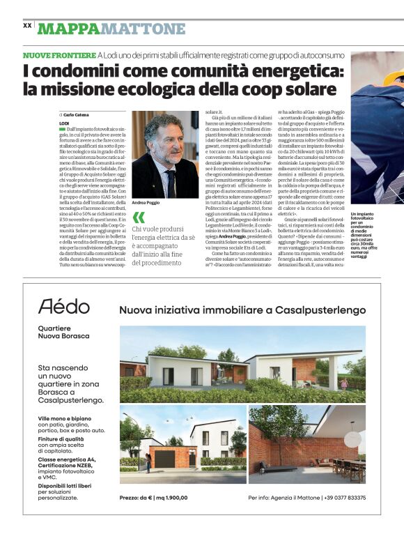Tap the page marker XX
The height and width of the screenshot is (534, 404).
click(27, 25)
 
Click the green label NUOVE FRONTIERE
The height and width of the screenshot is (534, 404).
click(59, 55)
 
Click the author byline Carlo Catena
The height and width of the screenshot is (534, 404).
click(78, 114)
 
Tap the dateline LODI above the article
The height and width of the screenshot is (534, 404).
click(65, 123)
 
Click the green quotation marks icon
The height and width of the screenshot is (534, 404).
click(138, 218)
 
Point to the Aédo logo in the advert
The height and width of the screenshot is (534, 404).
click(63, 306)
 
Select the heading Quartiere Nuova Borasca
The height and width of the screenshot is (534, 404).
click(63, 332)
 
